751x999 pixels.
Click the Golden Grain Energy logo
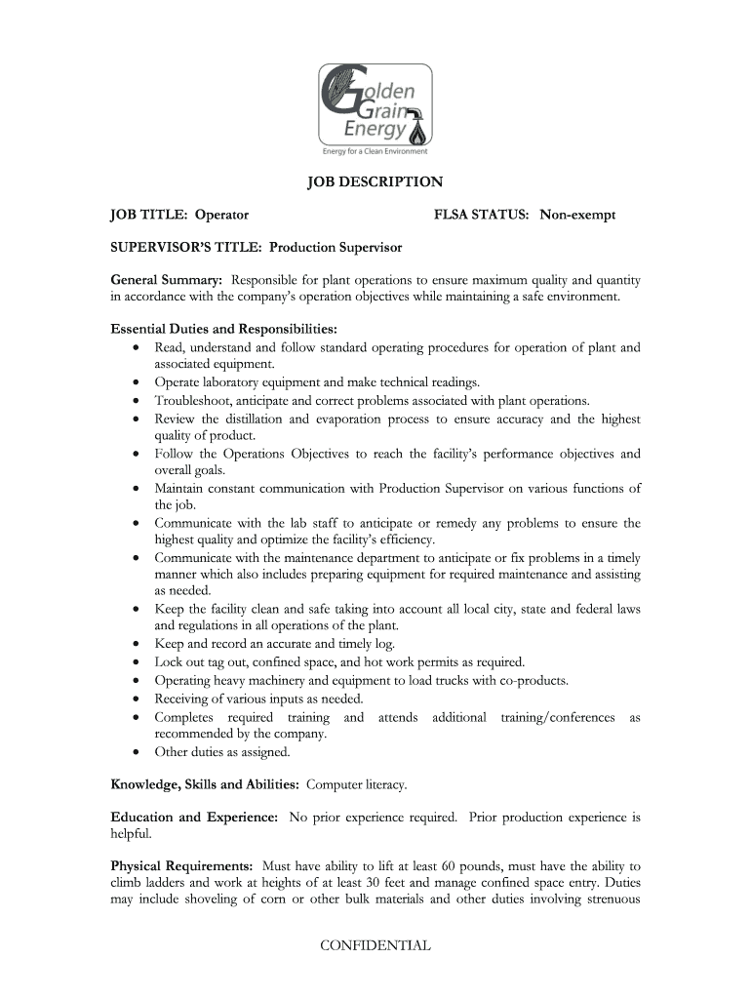click(x=375, y=104)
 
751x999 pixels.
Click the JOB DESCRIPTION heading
click(x=375, y=182)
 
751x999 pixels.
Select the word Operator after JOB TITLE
click(x=221, y=214)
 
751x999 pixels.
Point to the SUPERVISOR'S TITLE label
click(x=186, y=248)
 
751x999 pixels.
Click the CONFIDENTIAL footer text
click(x=375, y=945)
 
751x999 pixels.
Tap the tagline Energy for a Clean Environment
click(x=375, y=151)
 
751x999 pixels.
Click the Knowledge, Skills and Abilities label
click(x=206, y=783)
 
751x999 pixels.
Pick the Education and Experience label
click(x=194, y=817)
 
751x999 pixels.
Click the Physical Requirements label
click(x=182, y=865)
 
